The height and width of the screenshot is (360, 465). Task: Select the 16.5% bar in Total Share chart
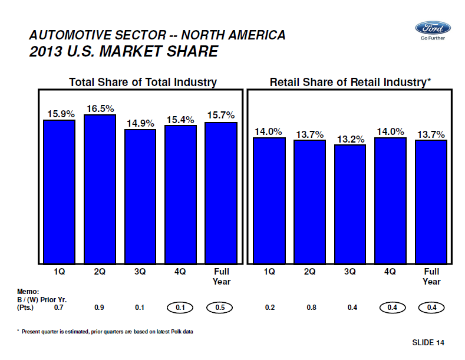point(100,189)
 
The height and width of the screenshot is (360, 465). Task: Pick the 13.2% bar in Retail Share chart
point(350,204)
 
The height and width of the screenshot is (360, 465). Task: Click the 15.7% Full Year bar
point(220,193)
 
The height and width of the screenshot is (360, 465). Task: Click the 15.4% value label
point(180,120)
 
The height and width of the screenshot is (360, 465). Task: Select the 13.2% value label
point(351,139)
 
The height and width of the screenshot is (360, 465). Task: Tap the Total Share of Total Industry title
point(143,82)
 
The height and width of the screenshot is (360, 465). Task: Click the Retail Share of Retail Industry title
point(351,82)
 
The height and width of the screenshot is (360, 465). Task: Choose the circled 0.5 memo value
point(220,307)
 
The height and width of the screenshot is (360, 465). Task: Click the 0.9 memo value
point(99,307)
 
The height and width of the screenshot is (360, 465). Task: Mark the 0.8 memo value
point(310,307)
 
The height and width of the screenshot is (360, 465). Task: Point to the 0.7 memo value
point(58,307)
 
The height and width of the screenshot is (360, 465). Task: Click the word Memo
point(28,292)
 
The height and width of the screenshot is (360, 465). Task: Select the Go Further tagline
point(432,38)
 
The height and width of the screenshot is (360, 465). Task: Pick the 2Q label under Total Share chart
point(100,272)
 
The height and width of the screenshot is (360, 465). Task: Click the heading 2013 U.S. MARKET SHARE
point(124,51)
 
